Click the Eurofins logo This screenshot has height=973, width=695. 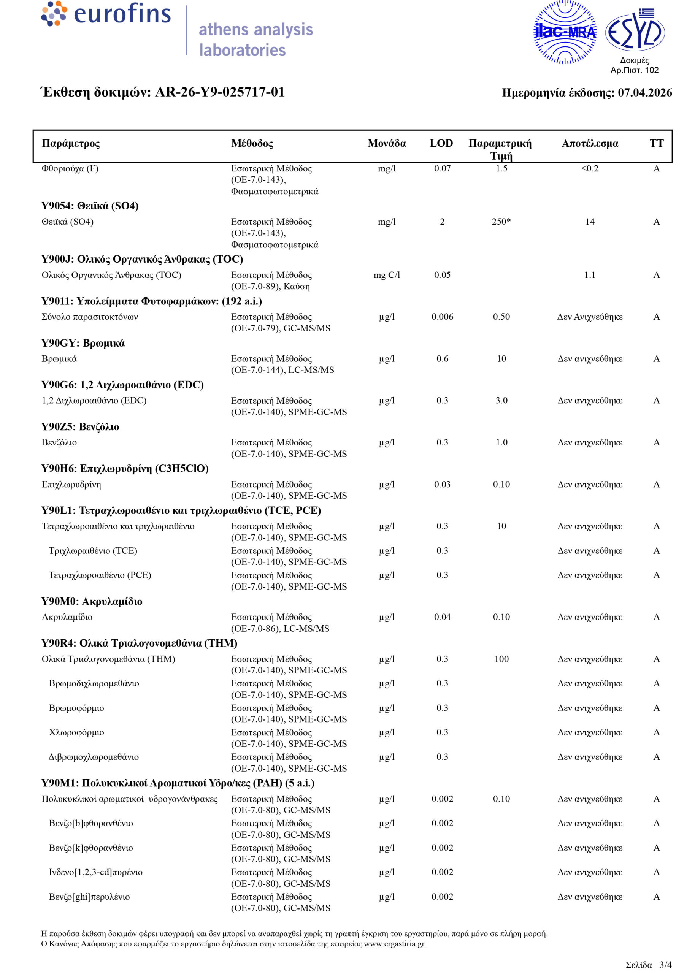coord(106,14)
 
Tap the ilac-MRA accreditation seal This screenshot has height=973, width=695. coord(565,32)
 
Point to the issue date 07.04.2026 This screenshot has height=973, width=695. coord(644,93)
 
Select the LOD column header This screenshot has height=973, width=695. coord(441,143)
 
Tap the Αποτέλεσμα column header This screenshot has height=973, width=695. coord(590,143)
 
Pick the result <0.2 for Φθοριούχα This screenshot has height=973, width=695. coord(590,168)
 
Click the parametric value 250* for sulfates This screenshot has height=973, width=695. coord(501,222)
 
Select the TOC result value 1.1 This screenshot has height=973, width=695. coord(590,275)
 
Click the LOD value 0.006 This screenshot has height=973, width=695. coord(442,317)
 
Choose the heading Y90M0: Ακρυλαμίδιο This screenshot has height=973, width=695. coord(92,601)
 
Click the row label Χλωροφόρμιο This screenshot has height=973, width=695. coord(76,732)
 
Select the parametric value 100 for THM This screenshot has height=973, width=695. coord(501,659)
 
